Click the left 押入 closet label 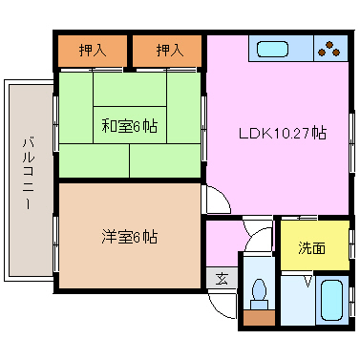[93, 51]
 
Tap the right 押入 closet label [170, 51]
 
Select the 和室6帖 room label [130, 126]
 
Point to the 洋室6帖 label [130, 237]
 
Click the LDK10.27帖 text [283, 133]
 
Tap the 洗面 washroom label [311, 248]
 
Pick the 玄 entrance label [222, 279]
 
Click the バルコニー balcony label [29, 173]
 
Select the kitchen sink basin [272, 50]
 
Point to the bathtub [331, 300]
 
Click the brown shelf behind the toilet [259, 318]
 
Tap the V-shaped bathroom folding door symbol [307, 282]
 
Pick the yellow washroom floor [314, 245]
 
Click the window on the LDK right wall [351, 142]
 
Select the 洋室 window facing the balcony [56, 244]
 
